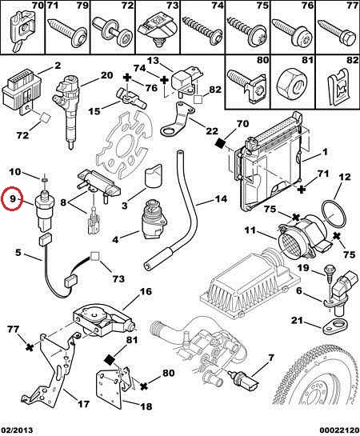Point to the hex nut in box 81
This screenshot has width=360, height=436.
point(292,84)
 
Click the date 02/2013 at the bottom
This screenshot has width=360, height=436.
point(18,430)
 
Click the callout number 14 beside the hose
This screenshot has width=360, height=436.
point(221,199)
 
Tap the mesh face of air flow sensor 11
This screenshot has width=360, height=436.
point(288,242)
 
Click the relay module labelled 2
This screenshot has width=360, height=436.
point(22,92)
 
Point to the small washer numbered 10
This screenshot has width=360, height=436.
point(44,181)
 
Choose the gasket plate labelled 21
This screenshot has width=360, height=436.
point(334,326)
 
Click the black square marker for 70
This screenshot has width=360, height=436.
point(221,143)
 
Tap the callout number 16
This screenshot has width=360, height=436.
point(146,291)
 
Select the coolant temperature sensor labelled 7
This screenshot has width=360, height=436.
point(244,378)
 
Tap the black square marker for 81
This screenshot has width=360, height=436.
point(109,360)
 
